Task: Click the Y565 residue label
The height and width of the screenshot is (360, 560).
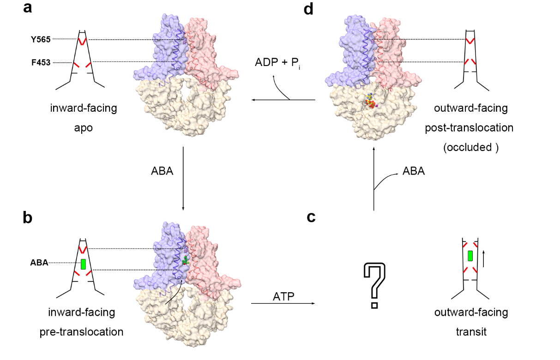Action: pyautogui.click(x=41, y=39)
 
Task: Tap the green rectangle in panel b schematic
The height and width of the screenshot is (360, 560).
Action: pyautogui.click(x=84, y=264)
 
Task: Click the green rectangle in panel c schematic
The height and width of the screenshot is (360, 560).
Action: pyautogui.click(x=470, y=255)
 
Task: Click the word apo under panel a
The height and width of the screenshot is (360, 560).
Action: pyautogui.click(x=84, y=127)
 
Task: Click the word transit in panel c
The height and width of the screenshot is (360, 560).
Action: pyautogui.click(x=471, y=331)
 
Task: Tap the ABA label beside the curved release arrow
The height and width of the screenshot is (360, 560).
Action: pyautogui.click(x=414, y=171)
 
